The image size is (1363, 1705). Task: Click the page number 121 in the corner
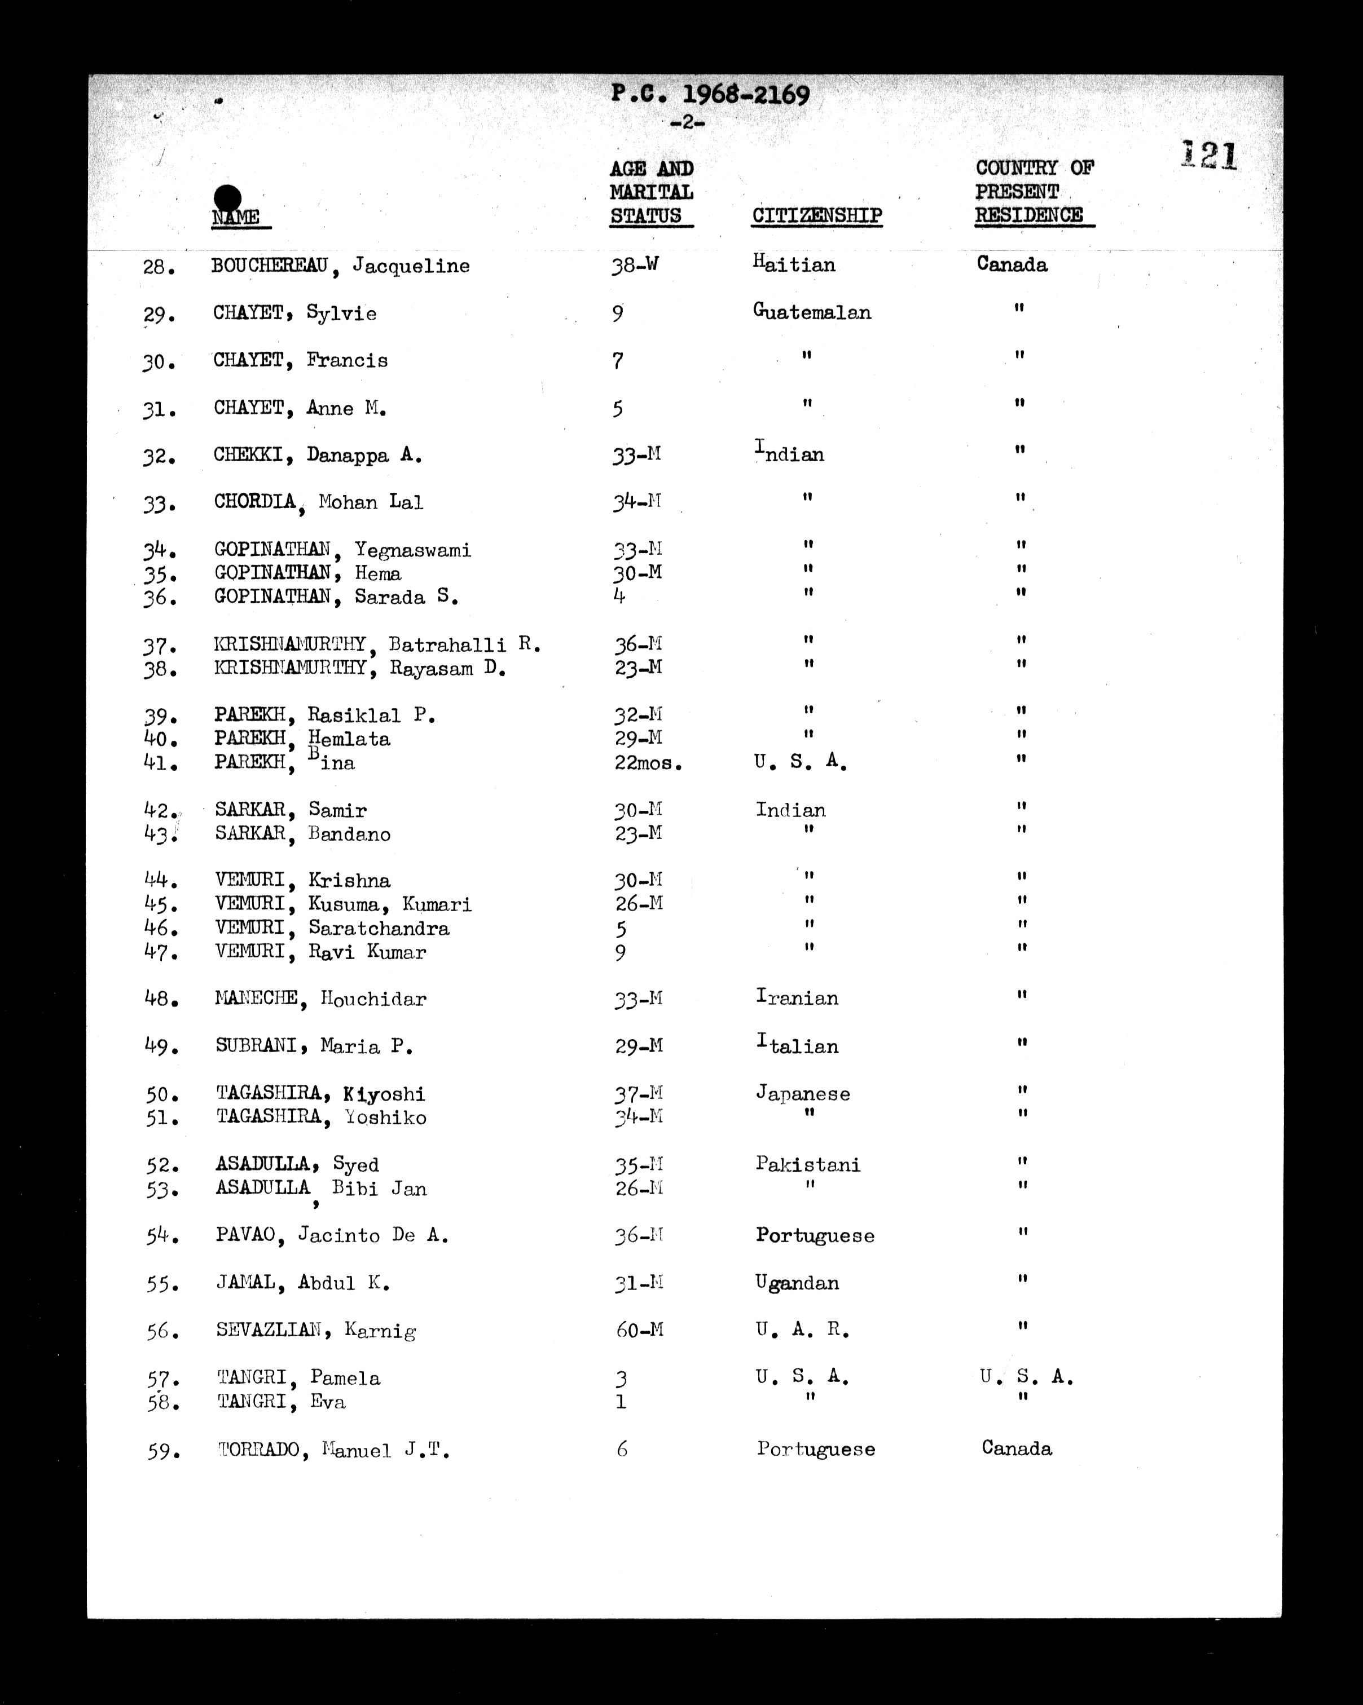(1209, 155)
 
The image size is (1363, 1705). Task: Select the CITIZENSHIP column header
(816, 216)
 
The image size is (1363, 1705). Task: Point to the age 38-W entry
(635, 266)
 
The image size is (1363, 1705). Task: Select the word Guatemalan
(812, 312)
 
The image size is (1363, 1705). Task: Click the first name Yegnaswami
(412, 550)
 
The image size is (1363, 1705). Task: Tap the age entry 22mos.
(648, 763)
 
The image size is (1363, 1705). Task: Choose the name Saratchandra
(379, 929)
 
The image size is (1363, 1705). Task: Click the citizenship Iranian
(797, 998)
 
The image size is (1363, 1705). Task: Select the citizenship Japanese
(803, 1094)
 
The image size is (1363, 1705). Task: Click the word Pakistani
(808, 1164)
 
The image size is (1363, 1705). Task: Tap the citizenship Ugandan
(797, 1283)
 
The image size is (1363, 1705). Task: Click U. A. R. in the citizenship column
(802, 1330)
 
